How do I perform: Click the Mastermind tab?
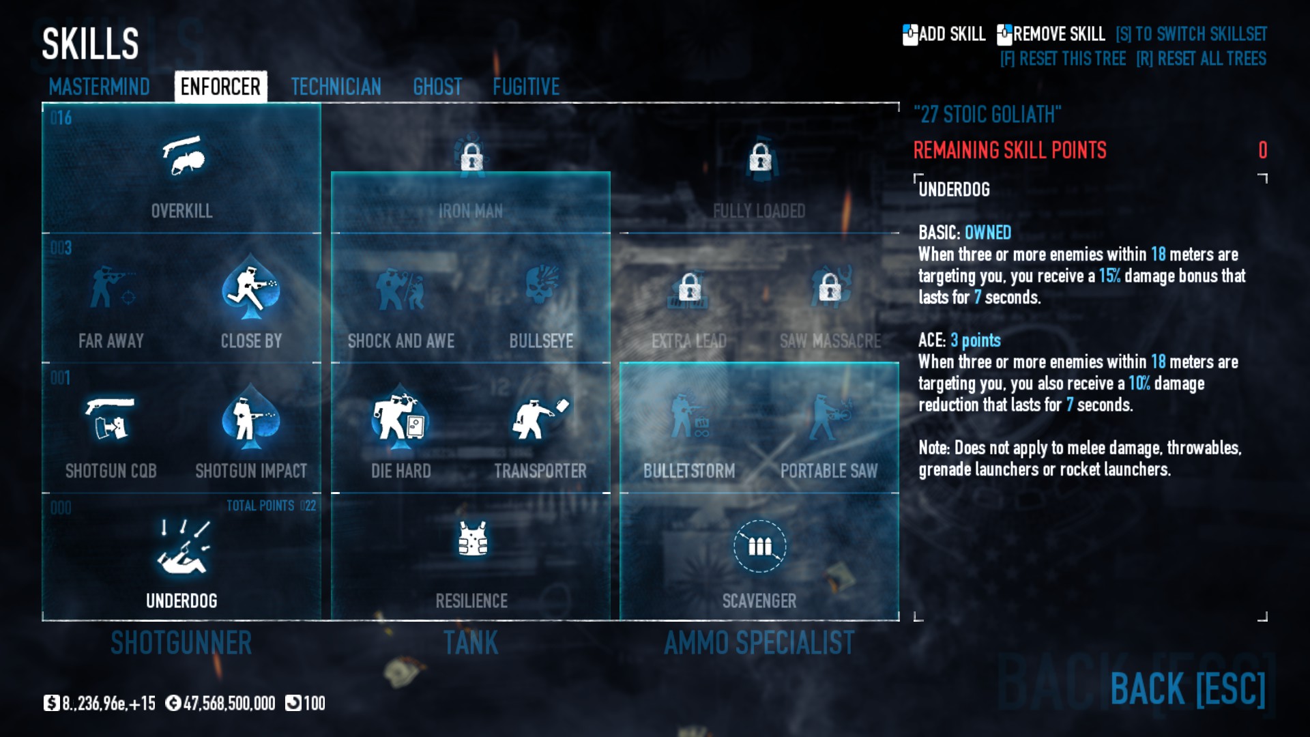pyautogui.click(x=99, y=87)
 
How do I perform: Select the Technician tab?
pyautogui.click(x=336, y=87)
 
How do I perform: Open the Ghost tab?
pyautogui.click(x=437, y=87)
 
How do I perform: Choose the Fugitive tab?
pyautogui.click(x=526, y=87)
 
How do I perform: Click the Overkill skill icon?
pyautogui.click(x=182, y=156)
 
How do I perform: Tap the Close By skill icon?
pyautogui.click(x=251, y=287)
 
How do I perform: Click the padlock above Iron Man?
pyautogui.click(x=471, y=158)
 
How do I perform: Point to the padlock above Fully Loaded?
pyautogui.click(x=760, y=158)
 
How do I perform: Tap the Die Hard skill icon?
pyautogui.click(x=401, y=417)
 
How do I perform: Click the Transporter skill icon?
pyautogui.click(x=540, y=417)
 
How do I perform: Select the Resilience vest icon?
pyautogui.click(x=472, y=539)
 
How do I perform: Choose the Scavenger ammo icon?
pyautogui.click(x=759, y=546)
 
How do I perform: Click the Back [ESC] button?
pyautogui.click(x=1188, y=689)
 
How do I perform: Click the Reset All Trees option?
pyautogui.click(x=1201, y=59)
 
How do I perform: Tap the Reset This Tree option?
pyautogui.click(x=1063, y=59)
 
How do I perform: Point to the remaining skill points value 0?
pyautogui.click(x=1262, y=150)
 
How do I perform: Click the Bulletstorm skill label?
pyautogui.click(x=689, y=471)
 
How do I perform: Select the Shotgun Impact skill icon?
pyautogui.click(x=251, y=417)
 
